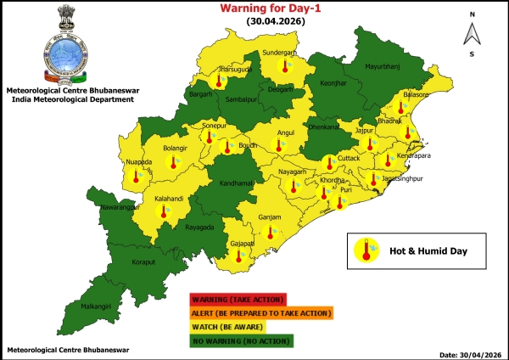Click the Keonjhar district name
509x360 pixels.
point(333,83)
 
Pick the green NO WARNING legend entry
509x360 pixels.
point(242,340)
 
